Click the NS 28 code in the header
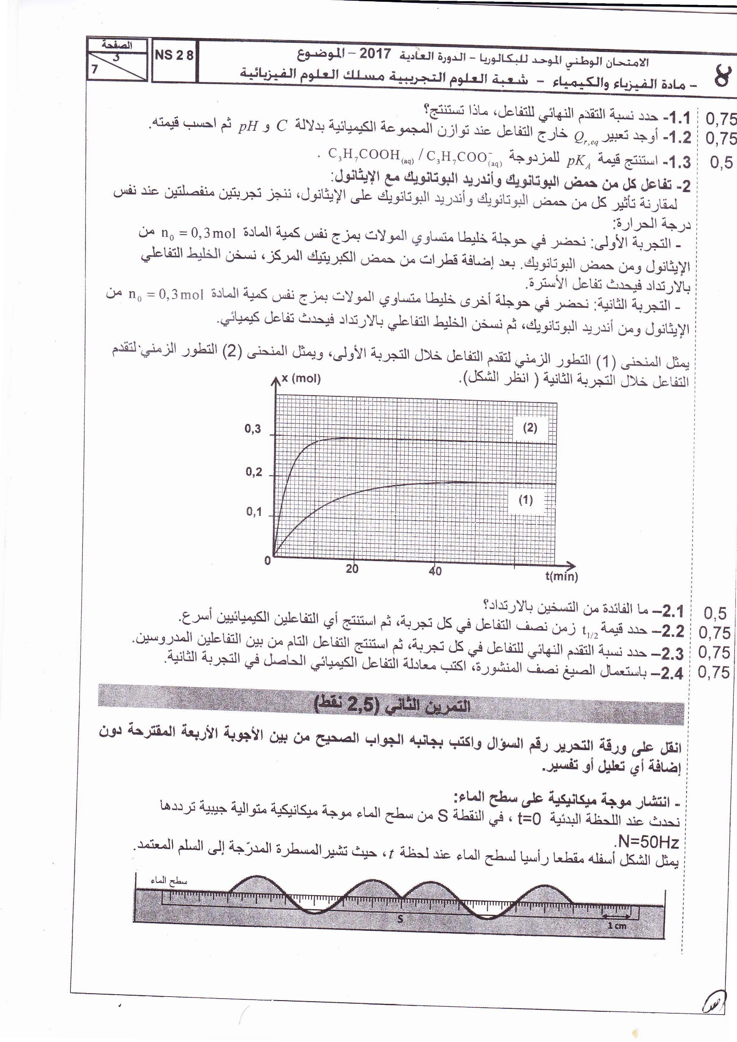174,55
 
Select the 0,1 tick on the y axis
254,512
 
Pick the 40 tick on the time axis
435,571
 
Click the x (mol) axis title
301,378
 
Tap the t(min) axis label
561,576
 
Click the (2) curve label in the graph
530,427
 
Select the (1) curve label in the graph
525,500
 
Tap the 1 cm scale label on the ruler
616,926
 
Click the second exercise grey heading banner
390,704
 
